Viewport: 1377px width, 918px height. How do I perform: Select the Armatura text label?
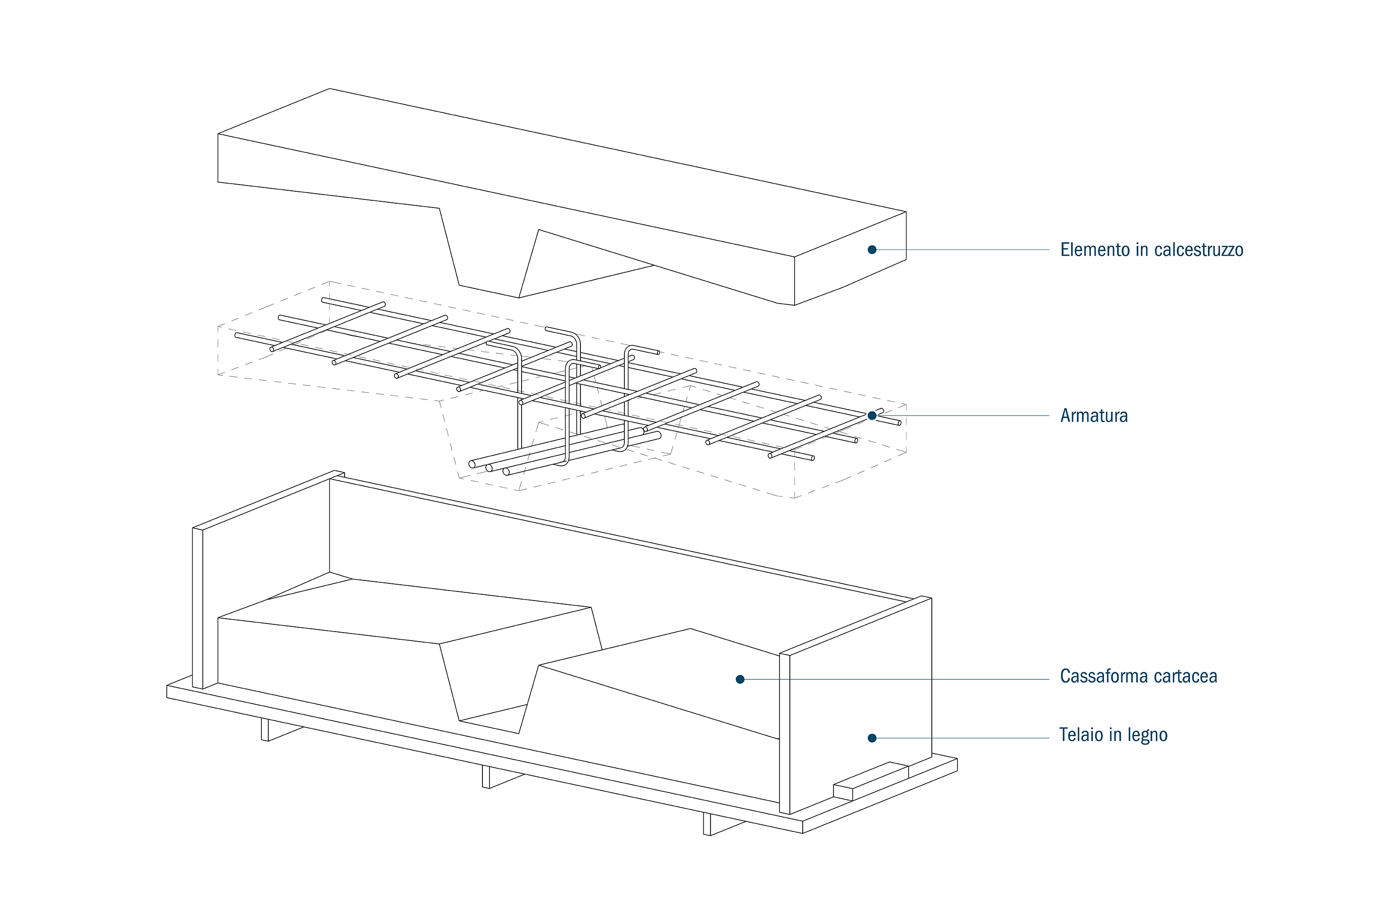1093,415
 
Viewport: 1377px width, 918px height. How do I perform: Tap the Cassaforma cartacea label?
1138,676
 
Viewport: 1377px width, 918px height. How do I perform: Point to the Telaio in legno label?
1113,735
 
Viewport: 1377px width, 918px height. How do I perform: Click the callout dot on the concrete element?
872,250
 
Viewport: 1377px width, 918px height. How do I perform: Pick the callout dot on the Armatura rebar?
872,415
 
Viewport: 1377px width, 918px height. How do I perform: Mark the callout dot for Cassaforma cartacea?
740,679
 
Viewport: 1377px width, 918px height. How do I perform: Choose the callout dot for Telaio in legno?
872,738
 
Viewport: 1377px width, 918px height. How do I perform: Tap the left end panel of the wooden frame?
197,609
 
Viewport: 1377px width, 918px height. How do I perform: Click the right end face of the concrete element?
850,258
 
